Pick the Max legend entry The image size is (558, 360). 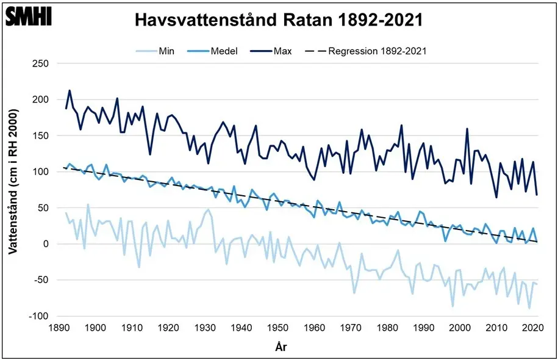[283, 51]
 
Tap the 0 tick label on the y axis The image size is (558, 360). [45, 244]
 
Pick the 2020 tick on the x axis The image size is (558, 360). [534, 328]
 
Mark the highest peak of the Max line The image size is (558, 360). [70, 90]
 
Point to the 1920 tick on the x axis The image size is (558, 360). [168, 328]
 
